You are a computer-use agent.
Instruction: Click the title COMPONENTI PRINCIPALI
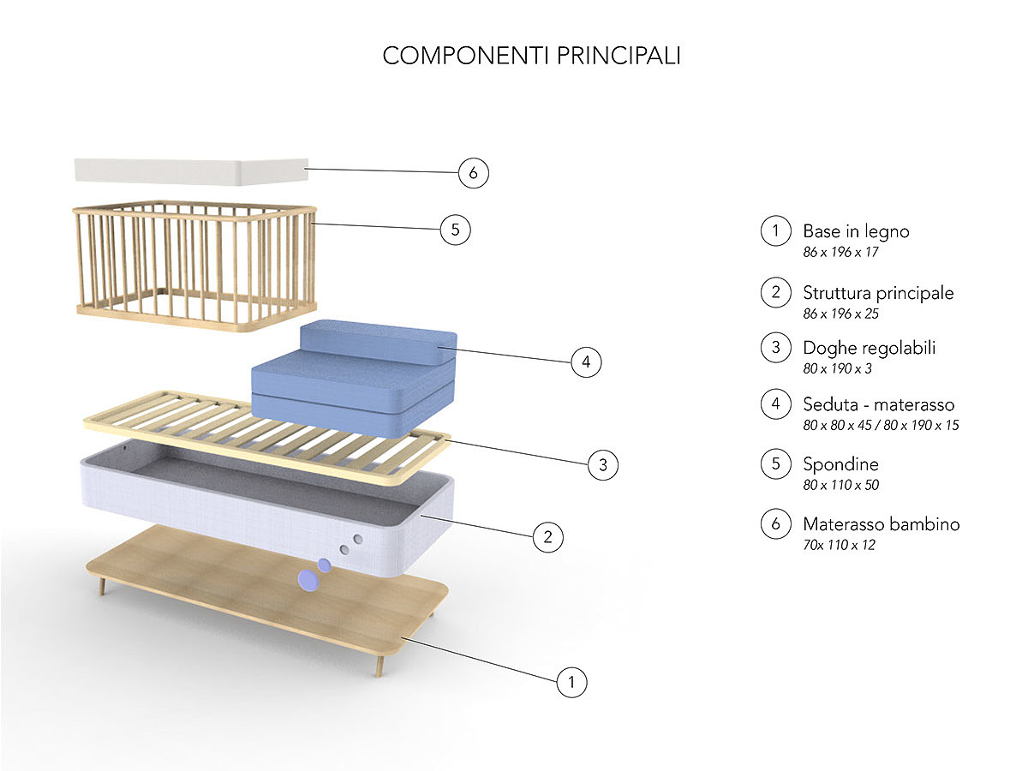point(531,56)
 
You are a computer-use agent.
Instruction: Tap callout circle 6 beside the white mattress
point(473,173)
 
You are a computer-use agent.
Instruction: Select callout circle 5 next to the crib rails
point(455,230)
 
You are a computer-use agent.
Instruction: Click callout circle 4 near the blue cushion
point(586,362)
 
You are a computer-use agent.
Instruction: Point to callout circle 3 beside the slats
point(603,465)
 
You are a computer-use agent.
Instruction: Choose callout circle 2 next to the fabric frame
point(547,537)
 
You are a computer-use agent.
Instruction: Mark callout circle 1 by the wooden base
point(571,683)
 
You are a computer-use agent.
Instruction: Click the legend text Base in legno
point(856,231)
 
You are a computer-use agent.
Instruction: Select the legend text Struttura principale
point(878,293)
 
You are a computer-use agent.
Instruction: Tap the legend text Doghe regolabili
point(869,348)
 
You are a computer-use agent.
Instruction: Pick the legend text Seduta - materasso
point(878,404)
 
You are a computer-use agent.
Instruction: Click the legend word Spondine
point(840,464)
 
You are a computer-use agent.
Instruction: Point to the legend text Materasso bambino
point(881,524)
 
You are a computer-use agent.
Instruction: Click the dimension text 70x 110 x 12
point(839,545)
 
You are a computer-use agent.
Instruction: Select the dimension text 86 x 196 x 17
point(840,252)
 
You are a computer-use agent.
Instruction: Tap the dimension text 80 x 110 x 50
point(840,485)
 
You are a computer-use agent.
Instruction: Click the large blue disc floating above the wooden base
point(306,581)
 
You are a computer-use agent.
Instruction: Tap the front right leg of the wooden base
point(378,664)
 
